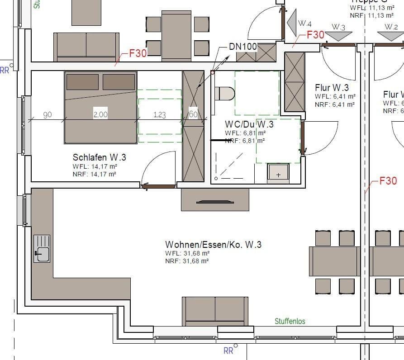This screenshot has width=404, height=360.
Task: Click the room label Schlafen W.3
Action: point(99,157)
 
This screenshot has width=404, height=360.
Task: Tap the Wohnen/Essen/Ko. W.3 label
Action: point(213,245)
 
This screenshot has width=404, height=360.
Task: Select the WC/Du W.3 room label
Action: point(249,124)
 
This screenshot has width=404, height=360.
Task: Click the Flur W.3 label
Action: point(332,88)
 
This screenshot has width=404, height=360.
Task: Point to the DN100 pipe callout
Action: point(243,47)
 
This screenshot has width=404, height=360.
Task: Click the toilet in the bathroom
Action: point(224,94)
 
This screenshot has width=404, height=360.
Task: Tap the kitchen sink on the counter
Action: point(42,249)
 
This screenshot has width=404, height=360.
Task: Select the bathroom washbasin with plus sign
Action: point(278,174)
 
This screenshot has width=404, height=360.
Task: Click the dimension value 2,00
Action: point(100,115)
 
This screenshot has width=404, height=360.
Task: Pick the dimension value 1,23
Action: point(159,115)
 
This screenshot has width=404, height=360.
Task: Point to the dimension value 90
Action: point(48,115)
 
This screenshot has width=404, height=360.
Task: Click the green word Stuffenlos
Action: point(290,322)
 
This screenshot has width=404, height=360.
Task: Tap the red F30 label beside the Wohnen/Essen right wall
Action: point(388,181)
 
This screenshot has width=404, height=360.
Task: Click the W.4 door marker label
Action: point(304,24)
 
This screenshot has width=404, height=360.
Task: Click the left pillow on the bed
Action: point(82,82)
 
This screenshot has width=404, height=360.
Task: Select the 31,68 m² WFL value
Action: point(195,253)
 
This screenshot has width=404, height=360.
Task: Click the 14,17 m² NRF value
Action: point(105,174)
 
